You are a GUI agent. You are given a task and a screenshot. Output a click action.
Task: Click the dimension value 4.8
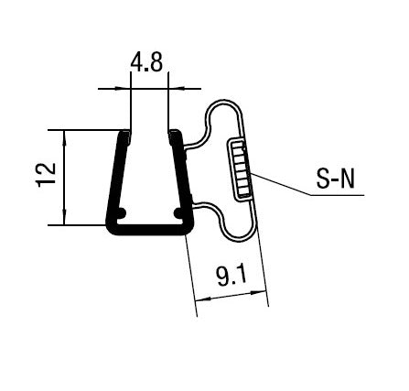(149, 65)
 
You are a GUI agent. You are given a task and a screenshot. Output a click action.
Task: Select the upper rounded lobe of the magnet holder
(225, 115)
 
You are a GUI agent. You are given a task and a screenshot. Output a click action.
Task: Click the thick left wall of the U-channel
(116, 179)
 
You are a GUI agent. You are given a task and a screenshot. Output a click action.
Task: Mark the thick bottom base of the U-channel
(148, 228)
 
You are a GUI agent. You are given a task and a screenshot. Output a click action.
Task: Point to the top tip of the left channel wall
(125, 135)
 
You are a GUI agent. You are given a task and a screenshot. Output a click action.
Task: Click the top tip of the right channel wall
(172, 135)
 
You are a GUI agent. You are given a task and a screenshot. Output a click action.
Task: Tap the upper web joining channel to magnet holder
(194, 145)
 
